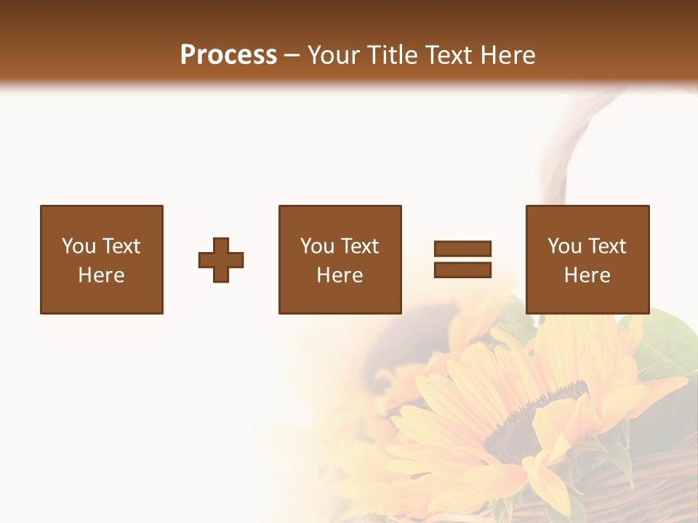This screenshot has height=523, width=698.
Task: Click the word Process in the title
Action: (x=228, y=55)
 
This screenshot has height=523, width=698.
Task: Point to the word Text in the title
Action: (x=451, y=55)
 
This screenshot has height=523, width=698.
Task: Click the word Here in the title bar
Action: (x=509, y=55)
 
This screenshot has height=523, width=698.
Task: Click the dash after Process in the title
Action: (x=292, y=56)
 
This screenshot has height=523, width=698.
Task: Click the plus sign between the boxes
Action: (x=221, y=260)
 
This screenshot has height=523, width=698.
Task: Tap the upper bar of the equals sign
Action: (x=462, y=248)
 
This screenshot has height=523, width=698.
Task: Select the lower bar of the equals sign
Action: (x=462, y=270)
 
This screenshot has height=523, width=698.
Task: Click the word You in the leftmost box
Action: (x=78, y=246)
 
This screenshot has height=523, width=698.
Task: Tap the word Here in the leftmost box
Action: (x=101, y=275)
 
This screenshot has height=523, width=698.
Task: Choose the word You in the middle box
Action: (x=316, y=246)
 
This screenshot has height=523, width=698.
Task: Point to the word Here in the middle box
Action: (x=340, y=275)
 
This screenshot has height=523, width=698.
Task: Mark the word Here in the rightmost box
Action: (x=587, y=275)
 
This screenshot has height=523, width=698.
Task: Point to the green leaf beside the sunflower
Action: (x=665, y=341)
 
